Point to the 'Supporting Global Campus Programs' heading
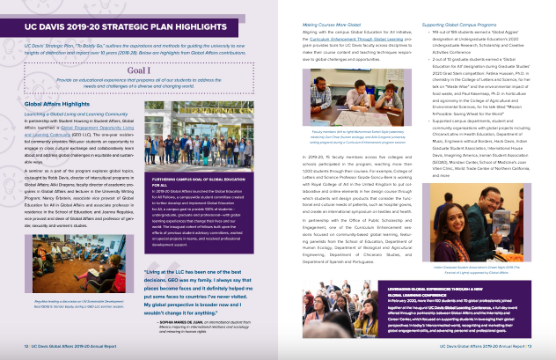454,8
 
